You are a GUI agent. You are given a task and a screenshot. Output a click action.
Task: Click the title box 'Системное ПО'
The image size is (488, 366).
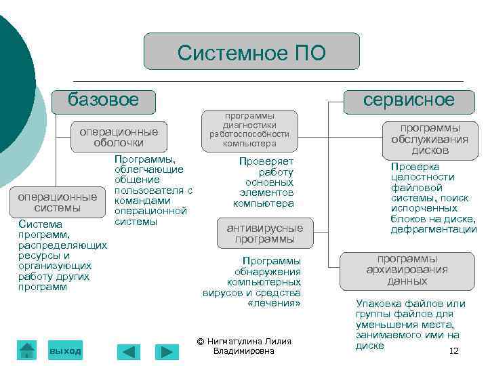(x=251, y=52)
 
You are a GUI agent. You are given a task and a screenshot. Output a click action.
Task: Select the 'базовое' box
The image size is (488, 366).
(x=104, y=101)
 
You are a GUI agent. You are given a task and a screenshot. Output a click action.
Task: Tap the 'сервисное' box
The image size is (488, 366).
(x=408, y=101)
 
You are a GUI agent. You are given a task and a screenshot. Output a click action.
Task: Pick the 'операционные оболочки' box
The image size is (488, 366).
(x=119, y=137)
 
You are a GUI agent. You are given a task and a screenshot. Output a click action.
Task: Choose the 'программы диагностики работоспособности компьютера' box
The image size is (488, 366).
(x=249, y=129)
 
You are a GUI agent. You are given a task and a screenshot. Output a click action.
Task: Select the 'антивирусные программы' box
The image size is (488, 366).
(x=265, y=232)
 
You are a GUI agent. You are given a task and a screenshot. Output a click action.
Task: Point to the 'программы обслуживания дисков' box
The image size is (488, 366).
(x=430, y=138)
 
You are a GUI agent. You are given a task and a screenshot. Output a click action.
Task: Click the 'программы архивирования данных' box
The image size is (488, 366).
(x=407, y=270)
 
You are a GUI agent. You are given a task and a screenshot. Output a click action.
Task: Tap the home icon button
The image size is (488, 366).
(x=27, y=350)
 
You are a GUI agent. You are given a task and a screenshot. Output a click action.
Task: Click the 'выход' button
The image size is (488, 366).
(x=65, y=350)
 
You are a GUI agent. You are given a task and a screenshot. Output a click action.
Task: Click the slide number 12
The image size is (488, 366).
(x=454, y=350)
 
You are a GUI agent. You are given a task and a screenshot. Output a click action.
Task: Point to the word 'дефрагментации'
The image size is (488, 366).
(x=434, y=230)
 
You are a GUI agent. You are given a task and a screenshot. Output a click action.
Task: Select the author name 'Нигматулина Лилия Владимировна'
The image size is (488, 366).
(x=244, y=346)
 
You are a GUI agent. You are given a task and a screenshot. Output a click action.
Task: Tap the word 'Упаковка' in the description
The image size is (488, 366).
(x=378, y=304)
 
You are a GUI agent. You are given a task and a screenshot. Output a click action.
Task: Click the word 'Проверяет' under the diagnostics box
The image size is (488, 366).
(x=266, y=161)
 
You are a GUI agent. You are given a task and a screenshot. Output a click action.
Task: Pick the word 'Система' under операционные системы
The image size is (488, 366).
(x=40, y=224)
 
